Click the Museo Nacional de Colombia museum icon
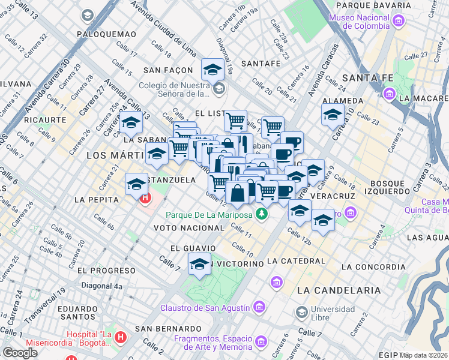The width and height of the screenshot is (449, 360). [x=397, y=22]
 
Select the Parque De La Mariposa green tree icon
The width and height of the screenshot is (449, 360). [x=261, y=214]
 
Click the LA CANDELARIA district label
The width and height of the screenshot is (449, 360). [x=339, y=290]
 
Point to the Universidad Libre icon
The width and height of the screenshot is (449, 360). [x=301, y=312]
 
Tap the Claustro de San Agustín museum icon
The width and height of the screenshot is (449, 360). [x=259, y=308]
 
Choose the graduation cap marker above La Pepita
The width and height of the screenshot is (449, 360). [x=137, y=183]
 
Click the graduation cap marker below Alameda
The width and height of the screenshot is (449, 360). [x=333, y=114]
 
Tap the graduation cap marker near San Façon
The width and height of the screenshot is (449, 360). [x=212, y=70]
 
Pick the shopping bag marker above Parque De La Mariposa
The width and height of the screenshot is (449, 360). [x=238, y=193]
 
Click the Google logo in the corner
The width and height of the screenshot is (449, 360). [x=20, y=353]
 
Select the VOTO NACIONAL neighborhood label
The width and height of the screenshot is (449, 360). [x=188, y=228]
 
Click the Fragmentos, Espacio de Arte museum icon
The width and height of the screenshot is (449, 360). [x=261, y=341]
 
